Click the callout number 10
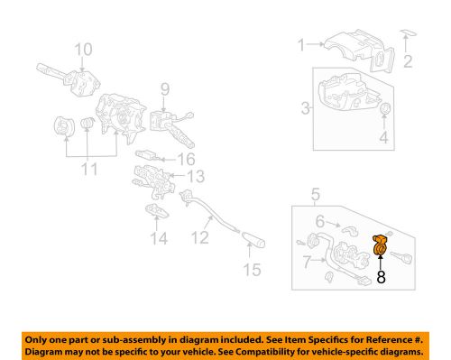(83, 49)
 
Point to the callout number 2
(407, 62)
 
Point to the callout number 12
(200, 237)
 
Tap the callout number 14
(160, 238)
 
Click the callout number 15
(253, 268)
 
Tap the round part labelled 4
(386, 110)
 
